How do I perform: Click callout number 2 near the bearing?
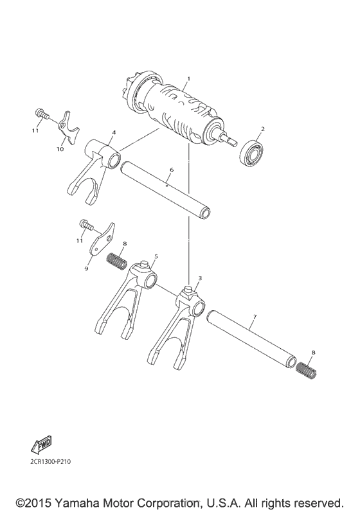point(262,128)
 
